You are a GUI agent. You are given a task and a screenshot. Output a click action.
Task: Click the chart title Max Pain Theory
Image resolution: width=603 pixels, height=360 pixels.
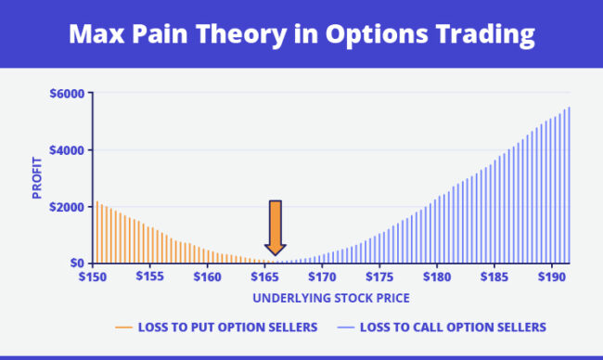301,34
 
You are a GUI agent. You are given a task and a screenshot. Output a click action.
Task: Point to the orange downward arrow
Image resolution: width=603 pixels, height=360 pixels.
275,226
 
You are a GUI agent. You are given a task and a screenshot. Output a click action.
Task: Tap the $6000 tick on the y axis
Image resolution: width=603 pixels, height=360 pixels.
66,94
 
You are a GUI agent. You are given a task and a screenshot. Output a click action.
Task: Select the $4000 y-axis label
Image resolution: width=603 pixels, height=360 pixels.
66,150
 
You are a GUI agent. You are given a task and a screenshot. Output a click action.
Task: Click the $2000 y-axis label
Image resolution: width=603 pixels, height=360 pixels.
66,207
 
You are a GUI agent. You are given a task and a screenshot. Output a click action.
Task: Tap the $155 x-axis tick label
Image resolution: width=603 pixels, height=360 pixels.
150,276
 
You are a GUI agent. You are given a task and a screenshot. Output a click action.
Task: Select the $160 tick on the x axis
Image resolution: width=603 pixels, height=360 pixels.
208,276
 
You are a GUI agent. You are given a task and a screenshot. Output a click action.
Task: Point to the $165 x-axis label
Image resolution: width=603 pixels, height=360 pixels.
265,276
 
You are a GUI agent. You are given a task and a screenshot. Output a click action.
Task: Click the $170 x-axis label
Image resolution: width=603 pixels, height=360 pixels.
322,276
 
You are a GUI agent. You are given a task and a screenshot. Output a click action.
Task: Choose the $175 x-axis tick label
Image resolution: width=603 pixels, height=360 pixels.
379,276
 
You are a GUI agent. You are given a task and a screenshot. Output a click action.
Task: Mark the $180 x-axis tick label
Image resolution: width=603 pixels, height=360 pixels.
437,276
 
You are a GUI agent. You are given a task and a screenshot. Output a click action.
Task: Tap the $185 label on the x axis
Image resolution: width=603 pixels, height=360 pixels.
494,276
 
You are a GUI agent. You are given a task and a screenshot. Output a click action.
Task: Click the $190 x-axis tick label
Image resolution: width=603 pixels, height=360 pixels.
551,276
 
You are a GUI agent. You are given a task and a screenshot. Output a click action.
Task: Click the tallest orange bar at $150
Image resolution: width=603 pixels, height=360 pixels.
96,232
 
